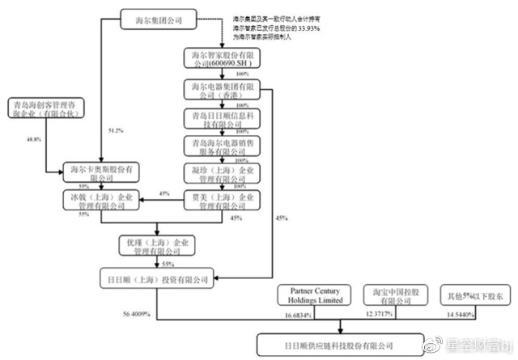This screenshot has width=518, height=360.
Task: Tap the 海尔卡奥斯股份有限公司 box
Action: [102, 172]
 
